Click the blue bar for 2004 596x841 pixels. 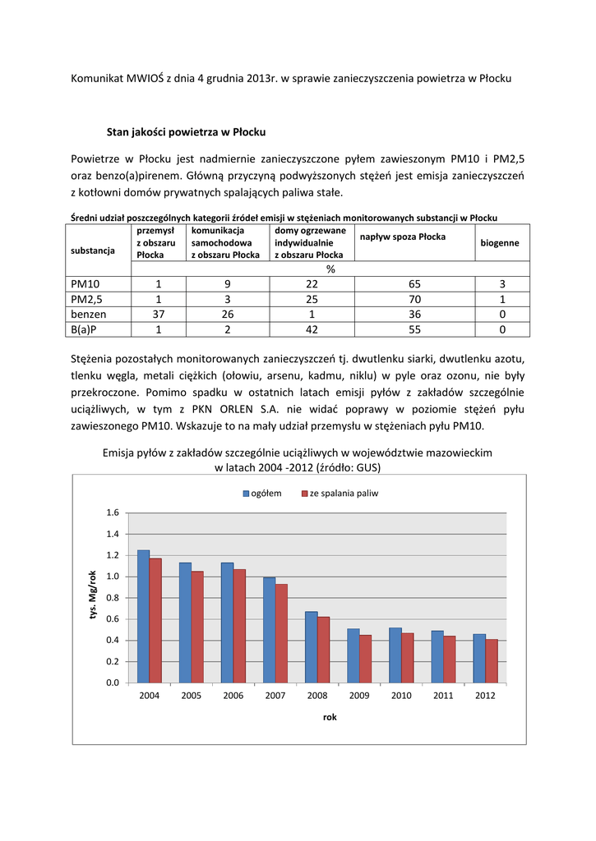(143, 616)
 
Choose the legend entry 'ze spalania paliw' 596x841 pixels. (343, 494)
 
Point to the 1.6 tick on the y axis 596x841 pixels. (113, 512)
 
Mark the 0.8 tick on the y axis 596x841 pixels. (113, 598)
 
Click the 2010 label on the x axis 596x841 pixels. (401, 696)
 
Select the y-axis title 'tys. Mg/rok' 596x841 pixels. (93, 597)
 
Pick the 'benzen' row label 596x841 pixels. (89, 314)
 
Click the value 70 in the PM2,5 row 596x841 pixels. (414, 299)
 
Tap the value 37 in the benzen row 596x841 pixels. (159, 314)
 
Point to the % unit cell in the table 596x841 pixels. (330, 269)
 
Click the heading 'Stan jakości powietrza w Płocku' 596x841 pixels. (186, 131)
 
